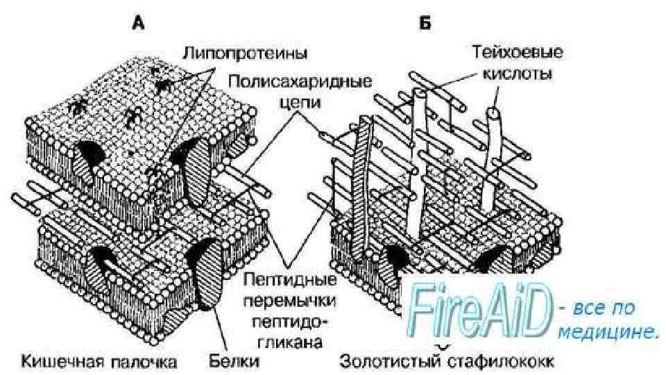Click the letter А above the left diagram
[139, 24]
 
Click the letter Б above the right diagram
[425, 24]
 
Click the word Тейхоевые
[518, 52]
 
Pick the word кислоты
[518, 73]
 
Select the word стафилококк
[499, 361]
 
